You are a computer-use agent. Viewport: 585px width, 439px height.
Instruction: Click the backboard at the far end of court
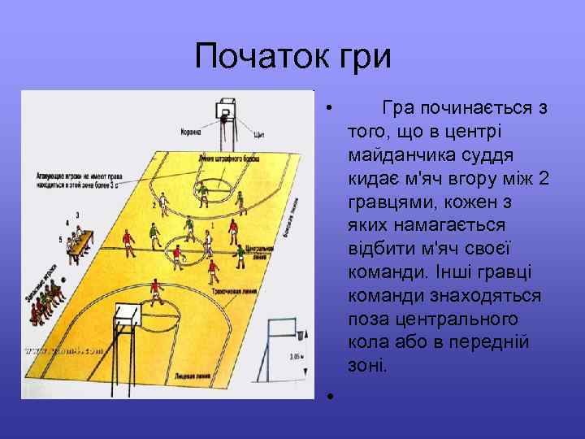tap(227, 109)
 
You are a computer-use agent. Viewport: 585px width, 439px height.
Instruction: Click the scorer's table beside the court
tap(81, 244)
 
